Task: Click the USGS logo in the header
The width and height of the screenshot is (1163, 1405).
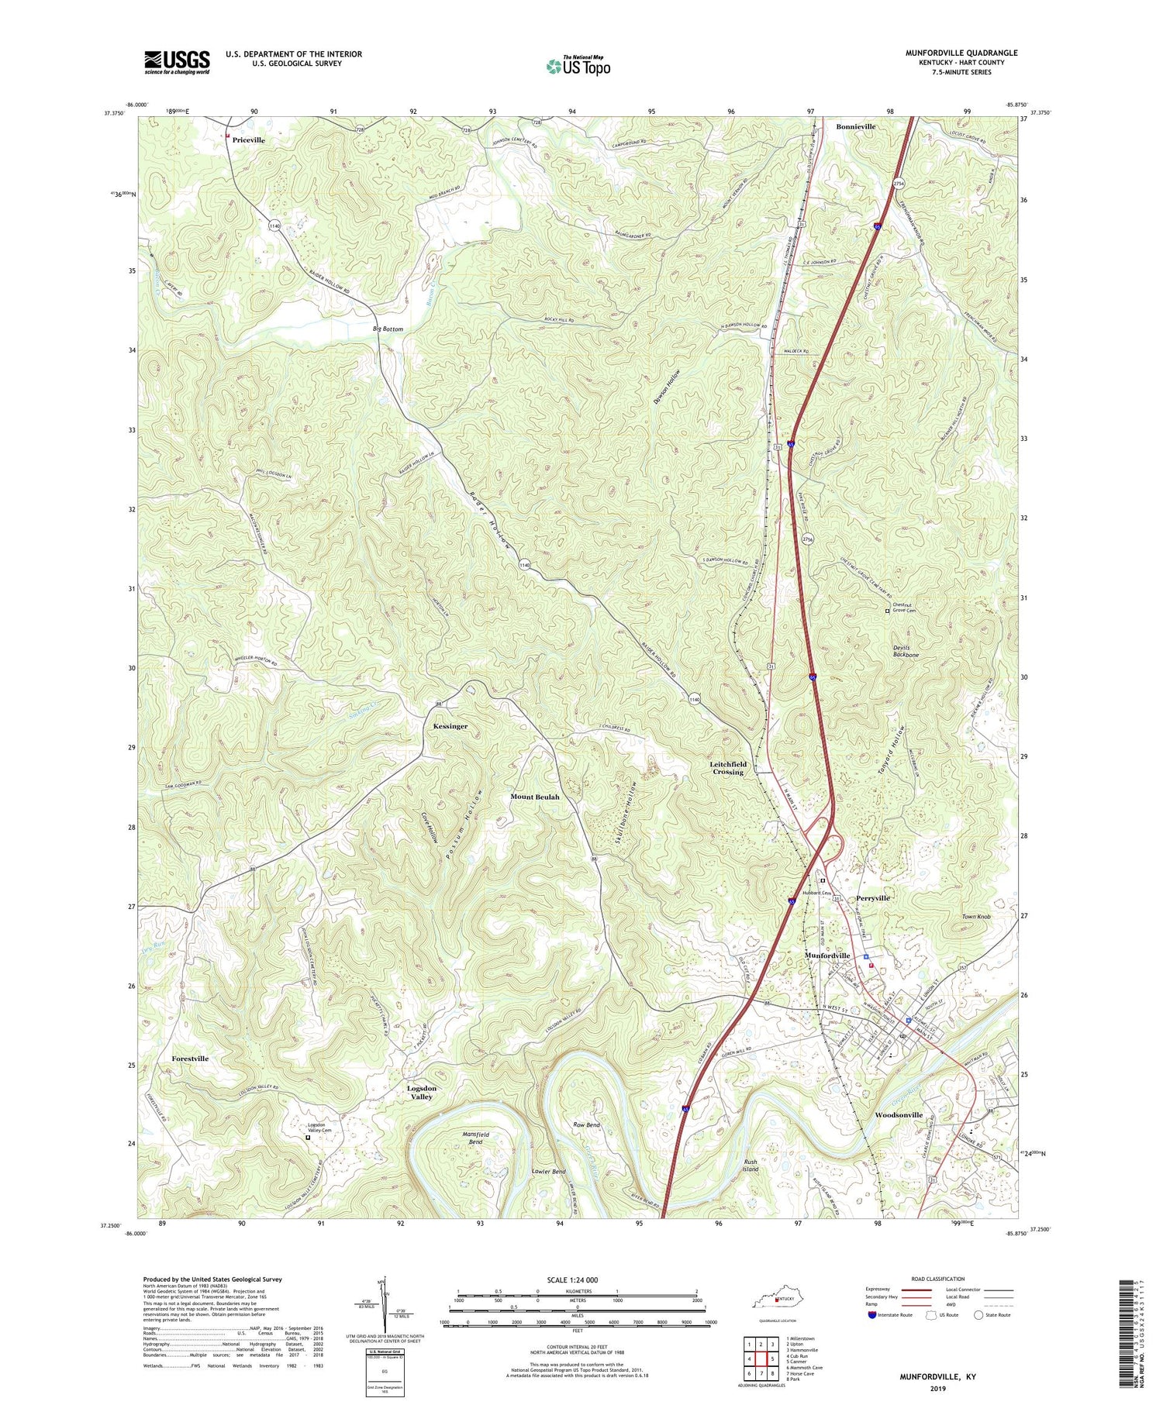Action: coord(177,62)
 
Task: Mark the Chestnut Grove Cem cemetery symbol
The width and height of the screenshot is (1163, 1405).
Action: coord(888,611)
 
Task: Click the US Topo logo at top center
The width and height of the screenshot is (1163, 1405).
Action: coord(578,66)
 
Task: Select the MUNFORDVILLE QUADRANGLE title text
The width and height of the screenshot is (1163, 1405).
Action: coord(961,53)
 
